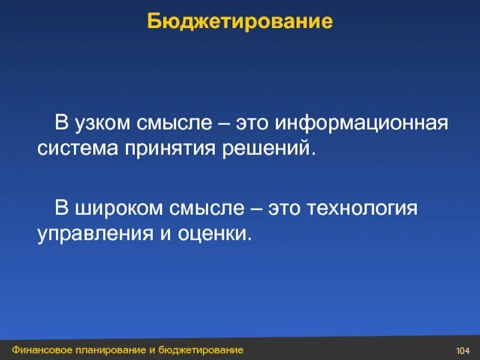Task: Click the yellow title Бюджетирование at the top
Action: pyautogui.click(x=240, y=22)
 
